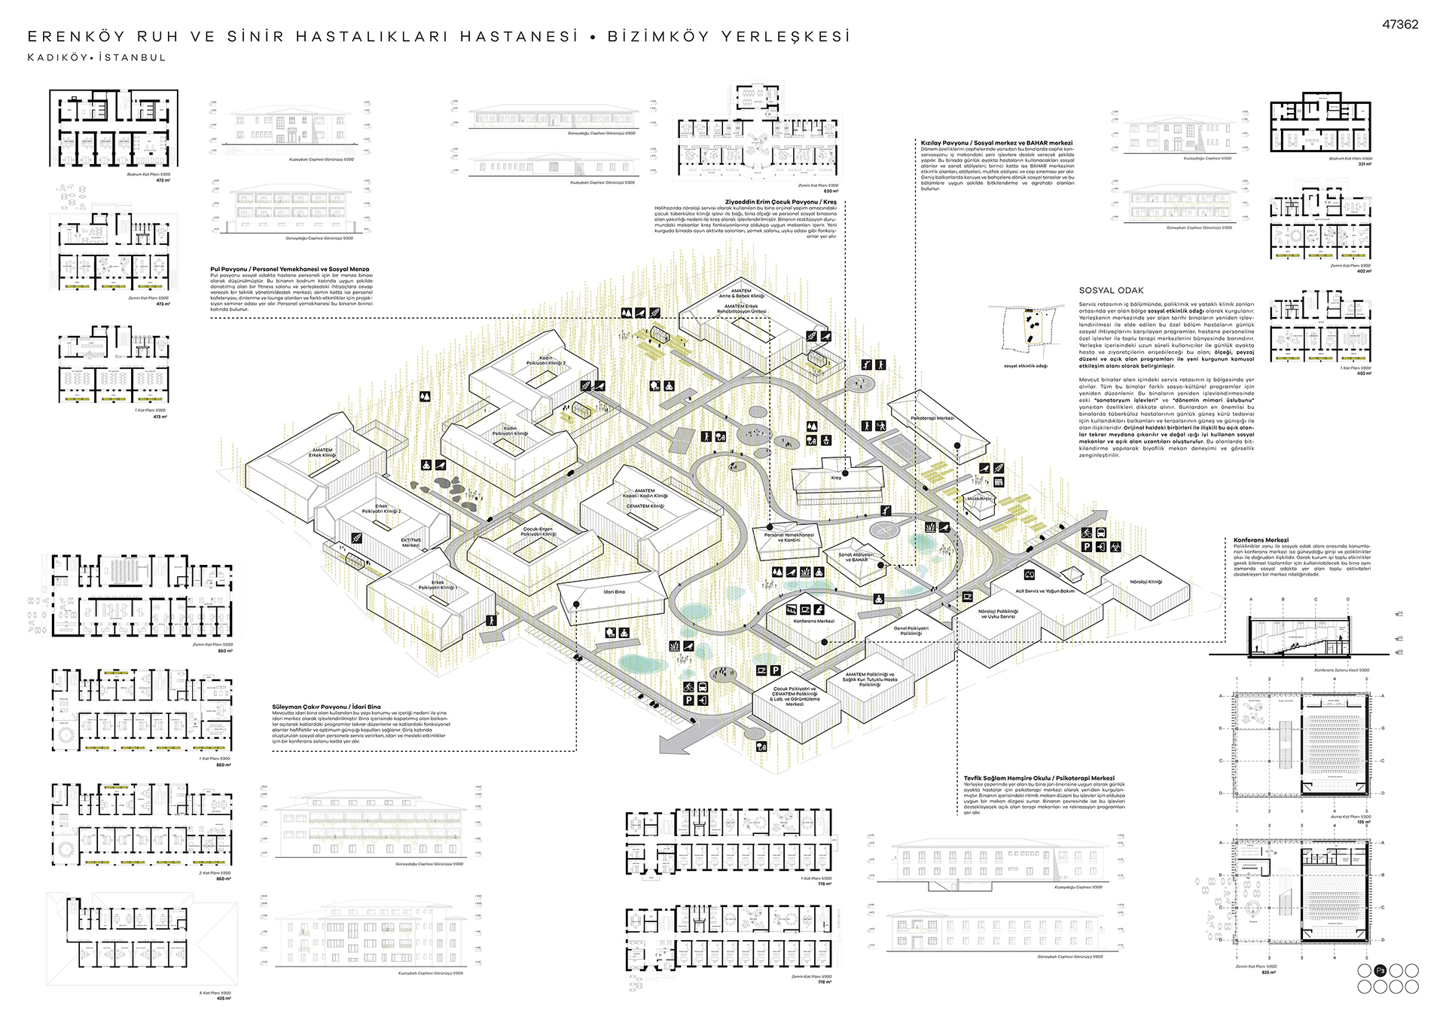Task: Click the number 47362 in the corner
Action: point(1399,24)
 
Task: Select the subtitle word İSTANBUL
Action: point(132,57)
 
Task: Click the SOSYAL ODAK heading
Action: point(1111,290)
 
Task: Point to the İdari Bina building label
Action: point(614,592)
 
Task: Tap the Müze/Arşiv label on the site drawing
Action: point(980,499)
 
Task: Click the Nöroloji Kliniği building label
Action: point(1146,582)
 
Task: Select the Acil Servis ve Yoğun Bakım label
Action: point(1045,591)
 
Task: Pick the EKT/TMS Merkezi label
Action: point(410,542)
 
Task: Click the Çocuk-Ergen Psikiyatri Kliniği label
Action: point(538,532)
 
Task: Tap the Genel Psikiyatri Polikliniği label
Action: point(911,631)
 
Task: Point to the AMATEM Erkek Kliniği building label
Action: point(322,453)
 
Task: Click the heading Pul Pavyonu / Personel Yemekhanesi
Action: point(289,269)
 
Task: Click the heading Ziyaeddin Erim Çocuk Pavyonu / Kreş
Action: point(780,202)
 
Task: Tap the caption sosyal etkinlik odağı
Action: point(1025,366)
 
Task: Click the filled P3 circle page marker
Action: point(1380,970)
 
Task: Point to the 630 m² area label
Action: point(830,191)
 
